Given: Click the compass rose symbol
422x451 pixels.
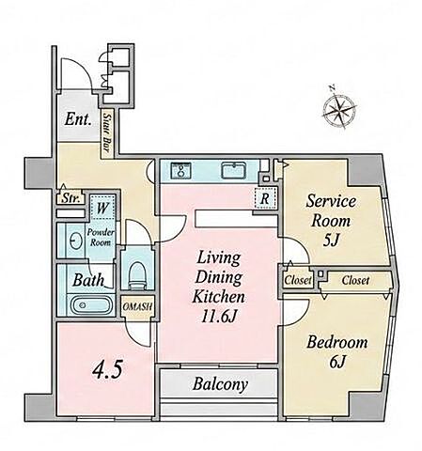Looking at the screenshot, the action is [339, 109].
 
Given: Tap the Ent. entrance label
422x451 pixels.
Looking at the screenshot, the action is [78, 119].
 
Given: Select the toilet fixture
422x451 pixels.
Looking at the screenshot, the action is [136, 274].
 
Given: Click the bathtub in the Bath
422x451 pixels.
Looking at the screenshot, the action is [91, 304].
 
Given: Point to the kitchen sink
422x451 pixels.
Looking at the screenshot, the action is [234, 170].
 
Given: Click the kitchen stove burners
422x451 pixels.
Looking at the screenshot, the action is [180, 171].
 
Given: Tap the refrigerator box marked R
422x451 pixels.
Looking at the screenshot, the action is [265, 198].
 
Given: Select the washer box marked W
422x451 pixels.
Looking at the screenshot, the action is [102, 208].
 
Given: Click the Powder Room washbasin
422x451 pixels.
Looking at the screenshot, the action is [76, 241].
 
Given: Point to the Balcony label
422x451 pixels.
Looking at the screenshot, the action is [220, 384].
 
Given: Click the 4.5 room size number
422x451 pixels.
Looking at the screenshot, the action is [107, 370].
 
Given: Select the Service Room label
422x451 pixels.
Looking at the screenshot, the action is [331, 210].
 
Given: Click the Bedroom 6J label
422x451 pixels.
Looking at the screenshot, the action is [337, 351].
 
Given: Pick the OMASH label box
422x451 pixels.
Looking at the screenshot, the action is [137, 306].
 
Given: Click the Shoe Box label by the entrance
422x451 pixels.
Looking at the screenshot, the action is [107, 134].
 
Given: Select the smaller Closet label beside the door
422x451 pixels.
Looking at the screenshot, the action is [298, 280].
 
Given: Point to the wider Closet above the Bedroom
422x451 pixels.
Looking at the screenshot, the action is [355, 280].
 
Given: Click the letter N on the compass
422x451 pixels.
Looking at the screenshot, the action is [333, 87].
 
